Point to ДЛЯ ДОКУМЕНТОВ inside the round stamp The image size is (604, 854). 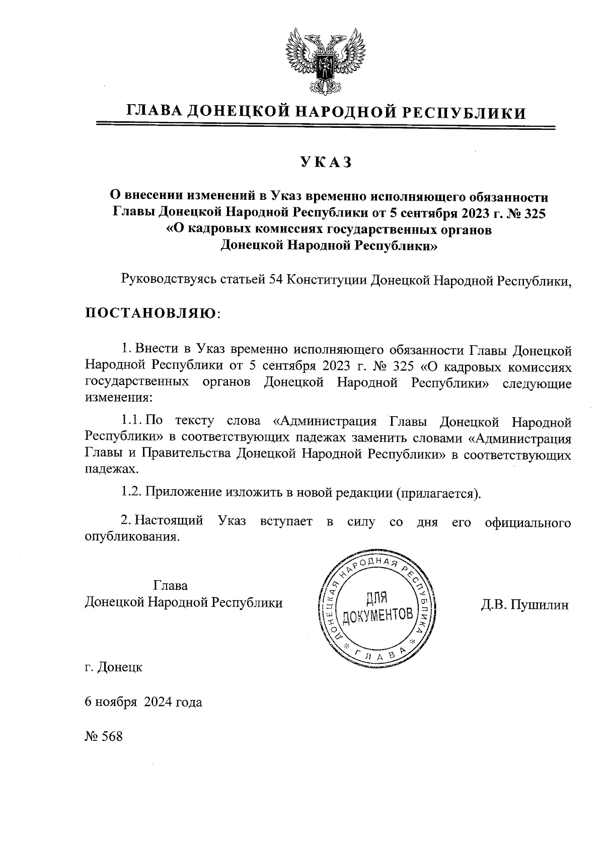point(377,607)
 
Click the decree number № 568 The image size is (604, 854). point(104,736)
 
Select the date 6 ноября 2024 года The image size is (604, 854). point(143,702)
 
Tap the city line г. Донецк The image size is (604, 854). point(114,667)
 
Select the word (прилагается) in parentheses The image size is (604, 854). point(438,492)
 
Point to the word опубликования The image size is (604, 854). point(132,536)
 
